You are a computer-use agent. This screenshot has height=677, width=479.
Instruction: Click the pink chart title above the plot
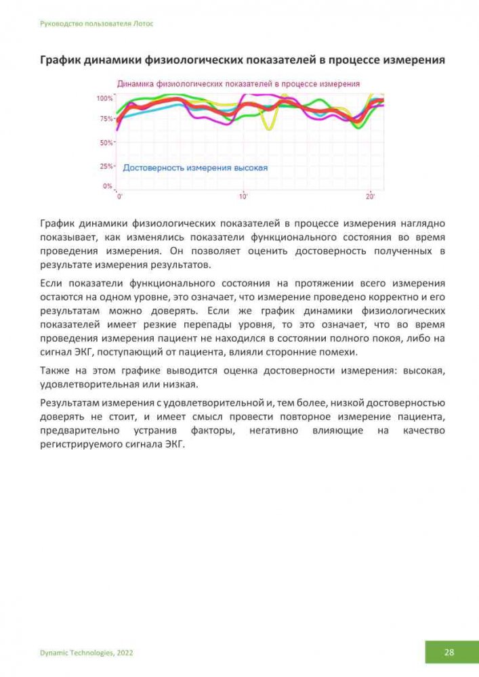click(238, 84)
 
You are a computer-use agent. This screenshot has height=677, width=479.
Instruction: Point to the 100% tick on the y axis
click(105, 98)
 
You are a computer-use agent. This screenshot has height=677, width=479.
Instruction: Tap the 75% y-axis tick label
click(107, 119)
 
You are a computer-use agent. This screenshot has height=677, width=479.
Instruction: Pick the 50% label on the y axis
click(107, 143)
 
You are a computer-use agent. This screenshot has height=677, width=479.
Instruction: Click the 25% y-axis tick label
click(107, 166)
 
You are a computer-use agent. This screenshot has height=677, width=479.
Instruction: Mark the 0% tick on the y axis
click(108, 185)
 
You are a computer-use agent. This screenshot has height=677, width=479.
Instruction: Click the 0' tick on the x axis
click(120, 196)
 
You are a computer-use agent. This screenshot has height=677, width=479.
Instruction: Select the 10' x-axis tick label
click(243, 196)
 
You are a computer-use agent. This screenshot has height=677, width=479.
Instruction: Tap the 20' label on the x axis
click(370, 196)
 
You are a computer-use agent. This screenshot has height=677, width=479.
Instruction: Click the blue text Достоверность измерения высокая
click(195, 168)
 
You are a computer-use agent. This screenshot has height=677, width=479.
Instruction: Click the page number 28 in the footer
click(449, 653)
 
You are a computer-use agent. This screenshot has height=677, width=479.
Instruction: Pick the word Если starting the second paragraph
click(52, 283)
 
